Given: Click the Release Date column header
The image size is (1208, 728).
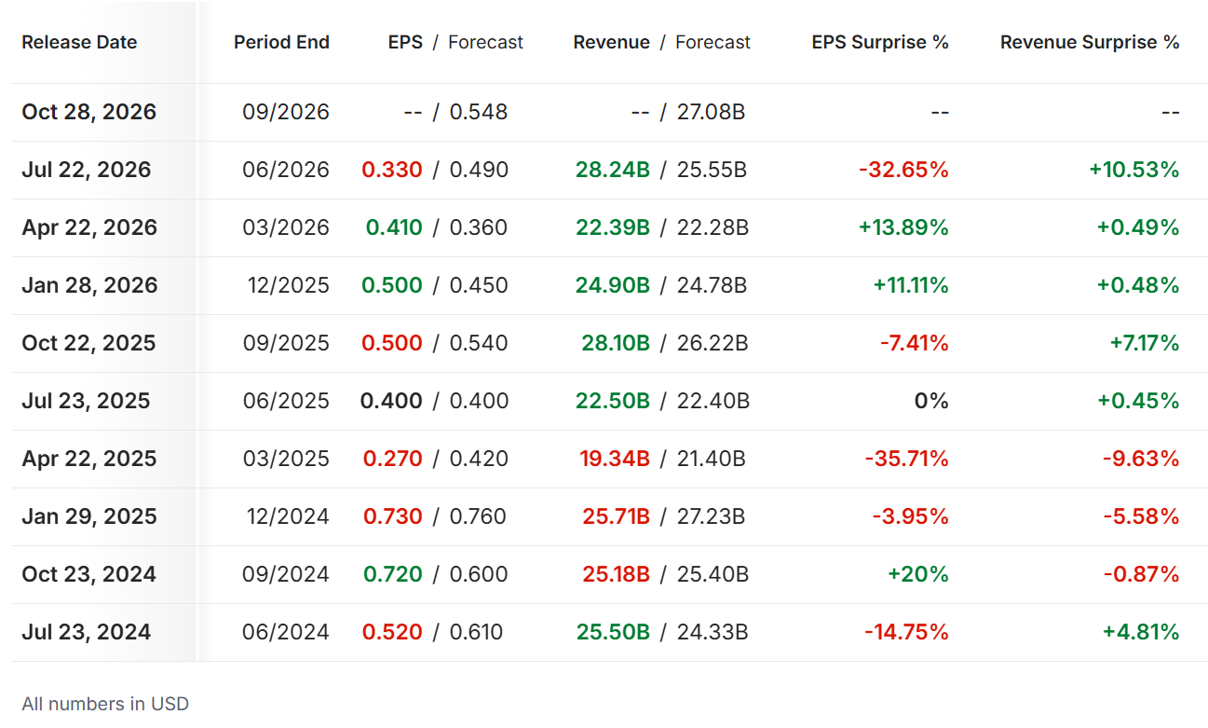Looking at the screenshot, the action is pyautogui.click(x=79, y=42).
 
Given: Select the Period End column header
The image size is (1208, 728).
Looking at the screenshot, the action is pyautogui.click(x=281, y=42).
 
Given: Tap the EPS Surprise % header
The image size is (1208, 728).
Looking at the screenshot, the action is pyautogui.click(x=880, y=42).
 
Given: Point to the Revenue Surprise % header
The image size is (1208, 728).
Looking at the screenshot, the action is pyautogui.click(x=1090, y=42).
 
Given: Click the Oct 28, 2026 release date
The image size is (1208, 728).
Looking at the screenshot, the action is pyautogui.click(x=89, y=112).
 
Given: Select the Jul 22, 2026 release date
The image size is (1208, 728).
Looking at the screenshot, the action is pyautogui.click(x=87, y=170).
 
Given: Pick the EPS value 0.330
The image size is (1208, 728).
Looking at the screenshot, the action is pyautogui.click(x=392, y=170).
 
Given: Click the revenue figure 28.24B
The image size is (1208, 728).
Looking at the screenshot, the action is pyautogui.click(x=613, y=170).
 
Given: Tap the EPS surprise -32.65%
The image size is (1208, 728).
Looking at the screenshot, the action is pyautogui.click(x=903, y=170).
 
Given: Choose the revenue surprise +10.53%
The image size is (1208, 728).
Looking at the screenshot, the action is pyautogui.click(x=1134, y=170).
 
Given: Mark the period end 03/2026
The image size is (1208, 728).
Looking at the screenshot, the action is pyautogui.click(x=286, y=227).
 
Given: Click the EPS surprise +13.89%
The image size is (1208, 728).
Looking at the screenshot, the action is pyautogui.click(x=903, y=227).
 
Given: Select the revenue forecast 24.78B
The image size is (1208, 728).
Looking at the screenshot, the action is pyautogui.click(x=712, y=285).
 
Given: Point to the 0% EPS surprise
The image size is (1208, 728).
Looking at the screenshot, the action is pyautogui.click(x=931, y=401).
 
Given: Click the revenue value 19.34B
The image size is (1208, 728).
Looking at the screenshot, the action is pyautogui.click(x=615, y=459).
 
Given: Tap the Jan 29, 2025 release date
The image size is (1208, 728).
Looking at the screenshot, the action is pyautogui.click(x=89, y=515).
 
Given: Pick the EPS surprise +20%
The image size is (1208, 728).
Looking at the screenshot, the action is pyautogui.click(x=918, y=573).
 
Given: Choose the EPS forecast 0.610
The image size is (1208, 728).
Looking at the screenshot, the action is pyautogui.click(x=476, y=631).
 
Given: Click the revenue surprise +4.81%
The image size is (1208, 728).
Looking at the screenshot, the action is pyautogui.click(x=1141, y=631).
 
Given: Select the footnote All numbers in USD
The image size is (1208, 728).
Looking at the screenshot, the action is pyautogui.click(x=105, y=704).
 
